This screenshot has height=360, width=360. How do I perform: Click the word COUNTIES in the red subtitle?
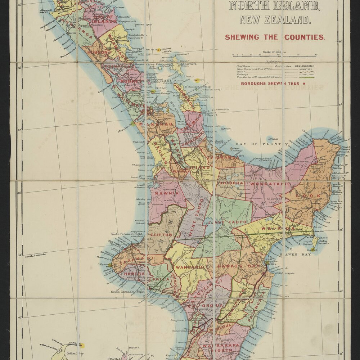pos(305,37)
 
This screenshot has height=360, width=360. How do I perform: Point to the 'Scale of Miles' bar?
pos(274,56)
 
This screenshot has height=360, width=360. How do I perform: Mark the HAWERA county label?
pos(134,274)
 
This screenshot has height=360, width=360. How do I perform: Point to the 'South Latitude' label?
pos(35,255)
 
